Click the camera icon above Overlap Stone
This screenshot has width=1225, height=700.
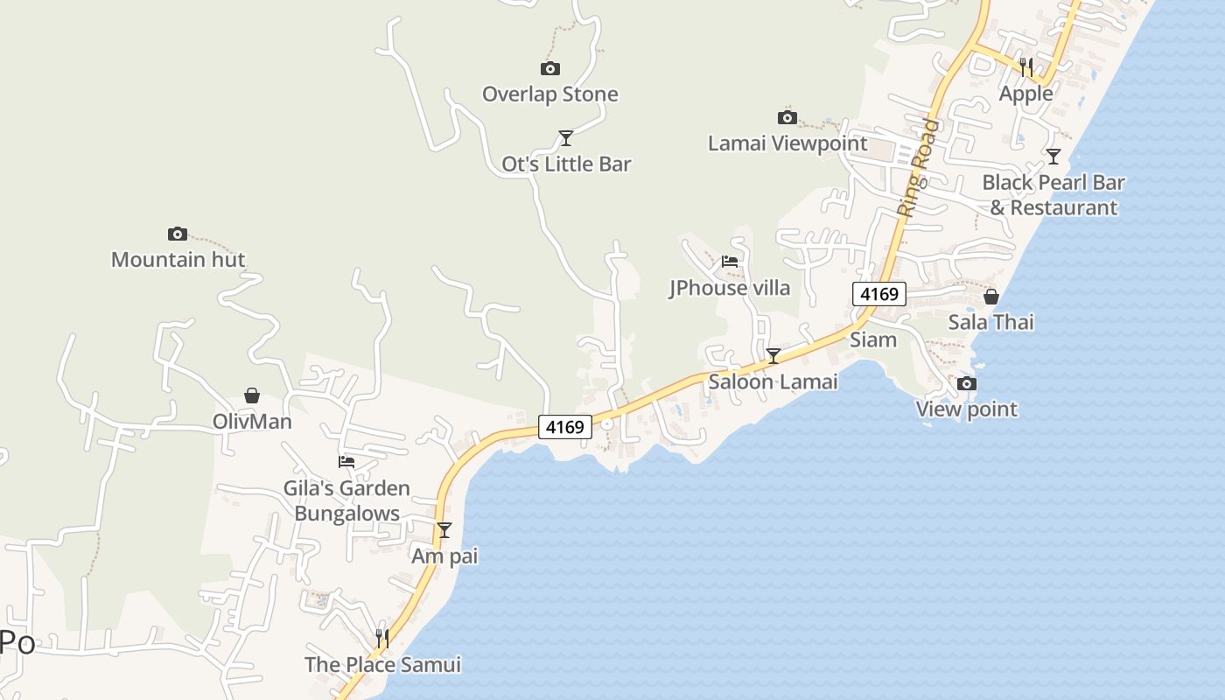pyautogui.click(x=550, y=68)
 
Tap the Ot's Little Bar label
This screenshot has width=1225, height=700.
pyautogui.click(x=566, y=164)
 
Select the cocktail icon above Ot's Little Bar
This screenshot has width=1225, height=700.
pyautogui.click(x=566, y=137)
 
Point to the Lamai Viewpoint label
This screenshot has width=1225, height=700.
pyautogui.click(x=787, y=143)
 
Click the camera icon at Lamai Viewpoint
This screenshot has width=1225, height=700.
pyautogui.click(x=787, y=117)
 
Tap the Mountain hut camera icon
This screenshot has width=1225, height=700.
pyautogui.click(x=178, y=234)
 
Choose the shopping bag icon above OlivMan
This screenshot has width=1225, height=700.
pyautogui.click(x=252, y=395)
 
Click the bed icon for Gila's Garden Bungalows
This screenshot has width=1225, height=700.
pyautogui.click(x=346, y=461)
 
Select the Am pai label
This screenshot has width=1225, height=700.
pyautogui.click(x=444, y=556)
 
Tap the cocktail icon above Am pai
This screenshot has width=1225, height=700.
pyautogui.click(x=444, y=529)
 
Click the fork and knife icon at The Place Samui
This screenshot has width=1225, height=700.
pyautogui.click(x=382, y=639)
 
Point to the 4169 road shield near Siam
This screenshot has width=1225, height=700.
pyautogui.click(x=878, y=294)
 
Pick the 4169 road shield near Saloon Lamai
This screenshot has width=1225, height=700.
pyautogui.click(x=564, y=427)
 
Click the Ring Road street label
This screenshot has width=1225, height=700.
pyautogui.click(x=918, y=168)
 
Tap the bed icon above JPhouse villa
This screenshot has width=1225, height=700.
pyautogui.click(x=730, y=261)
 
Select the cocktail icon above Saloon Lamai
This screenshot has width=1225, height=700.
pyautogui.click(x=773, y=355)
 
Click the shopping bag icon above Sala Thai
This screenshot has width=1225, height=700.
pyautogui.click(x=991, y=297)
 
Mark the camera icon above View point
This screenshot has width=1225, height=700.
pyautogui.click(x=967, y=383)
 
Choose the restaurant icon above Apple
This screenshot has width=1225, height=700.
pyautogui.click(x=1026, y=66)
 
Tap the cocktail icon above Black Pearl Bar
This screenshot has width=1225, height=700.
pyautogui.click(x=1053, y=157)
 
